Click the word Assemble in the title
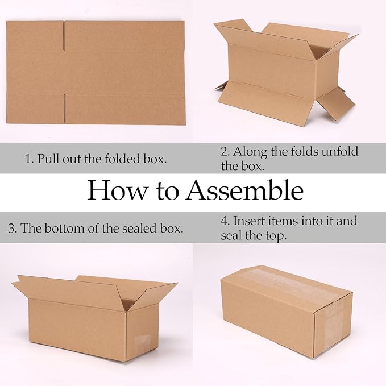click(x=245, y=191)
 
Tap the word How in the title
click(x=112, y=191)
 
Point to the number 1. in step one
click(x=29, y=159)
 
